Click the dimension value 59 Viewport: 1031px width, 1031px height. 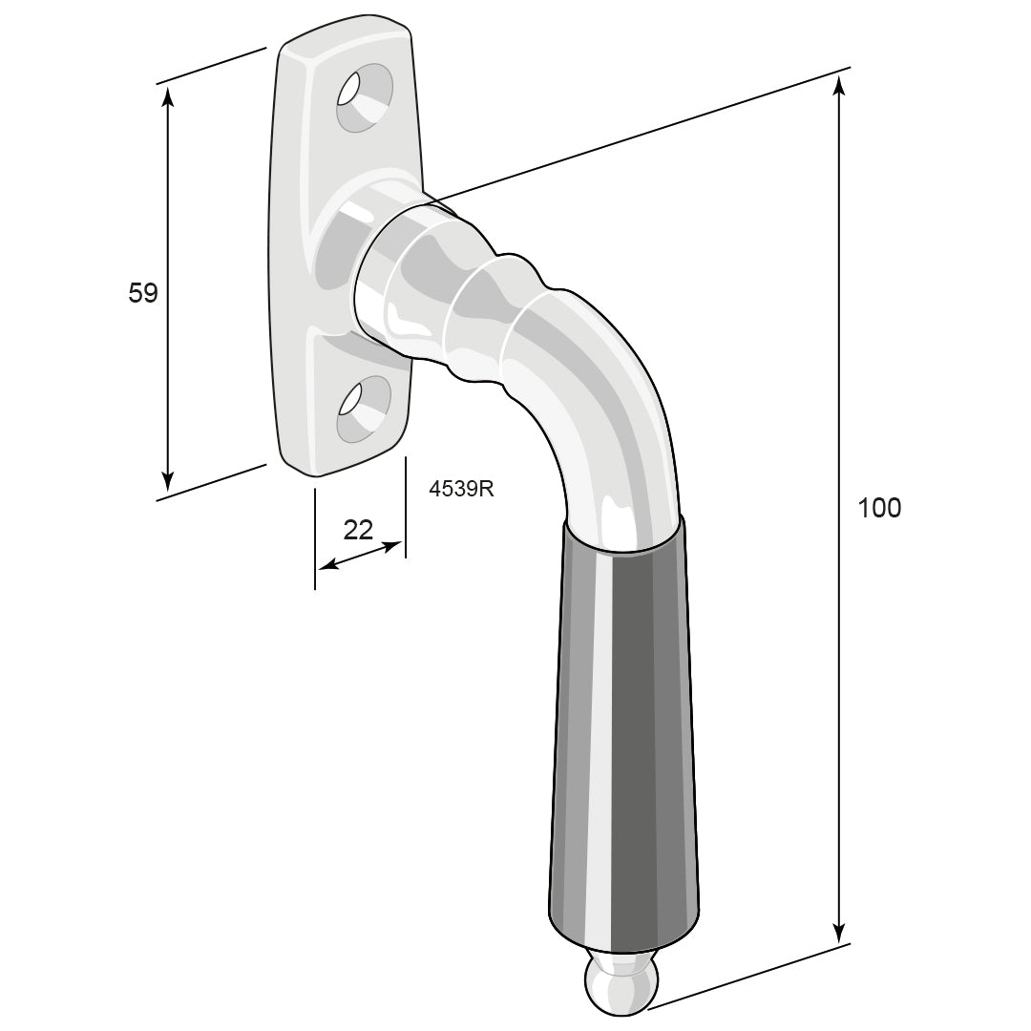tap(143, 293)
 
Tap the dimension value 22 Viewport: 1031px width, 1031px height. tap(358, 529)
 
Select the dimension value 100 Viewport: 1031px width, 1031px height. tap(880, 508)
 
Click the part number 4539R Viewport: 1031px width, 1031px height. tap(461, 489)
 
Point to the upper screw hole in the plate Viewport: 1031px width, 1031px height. tap(365, 97)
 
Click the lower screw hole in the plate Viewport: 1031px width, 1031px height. tap(365, 409)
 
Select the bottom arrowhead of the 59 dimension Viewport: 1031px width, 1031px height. tap(168, 481)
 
